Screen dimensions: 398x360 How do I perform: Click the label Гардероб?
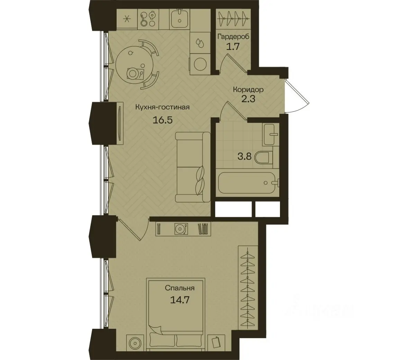233,37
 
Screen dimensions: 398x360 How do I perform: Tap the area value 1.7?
233,47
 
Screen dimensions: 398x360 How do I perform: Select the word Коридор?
248,89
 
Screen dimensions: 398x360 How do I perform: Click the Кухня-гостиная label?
162,107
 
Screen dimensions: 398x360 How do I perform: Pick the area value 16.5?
162,119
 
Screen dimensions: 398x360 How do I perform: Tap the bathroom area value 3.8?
244,156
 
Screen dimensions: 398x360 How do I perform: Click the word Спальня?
180,288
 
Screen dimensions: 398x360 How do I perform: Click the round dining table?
135,63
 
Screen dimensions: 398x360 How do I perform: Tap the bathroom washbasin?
271,134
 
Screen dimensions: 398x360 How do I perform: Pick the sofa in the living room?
193,167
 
